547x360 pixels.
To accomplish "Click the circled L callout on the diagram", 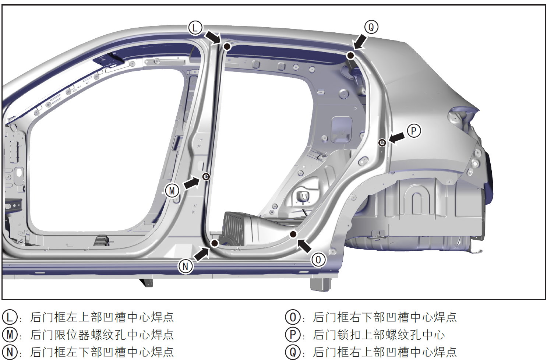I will tap(195, 28).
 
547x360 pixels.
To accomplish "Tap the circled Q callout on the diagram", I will tap(371, 27).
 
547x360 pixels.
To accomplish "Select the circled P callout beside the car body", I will tap(414, 131).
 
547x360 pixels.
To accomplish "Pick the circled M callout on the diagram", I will tap(172, 191).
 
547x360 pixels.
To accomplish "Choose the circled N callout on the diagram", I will tap(186, 266).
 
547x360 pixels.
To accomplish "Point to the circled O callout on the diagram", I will tap(318, 260).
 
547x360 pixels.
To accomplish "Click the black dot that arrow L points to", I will tap(227, 46).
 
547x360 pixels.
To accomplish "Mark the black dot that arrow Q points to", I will tap(351, 56).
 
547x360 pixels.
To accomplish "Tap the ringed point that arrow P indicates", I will tap(382, 142).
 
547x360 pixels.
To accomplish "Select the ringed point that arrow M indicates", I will tap(206, 177).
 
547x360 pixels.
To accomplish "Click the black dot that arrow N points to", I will tap(215, 243).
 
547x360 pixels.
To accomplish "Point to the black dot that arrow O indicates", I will tap(293, 234).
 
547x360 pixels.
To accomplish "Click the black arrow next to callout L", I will tap(212, 37).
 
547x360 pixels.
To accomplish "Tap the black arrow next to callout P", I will tap(396, 138).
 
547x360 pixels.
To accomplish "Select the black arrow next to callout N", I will tap(201, 254).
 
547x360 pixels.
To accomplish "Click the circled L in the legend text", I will tap(10, 317).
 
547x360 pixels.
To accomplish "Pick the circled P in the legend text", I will tap(293, 335).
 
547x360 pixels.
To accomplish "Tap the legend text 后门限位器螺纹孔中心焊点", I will tap(102, 335).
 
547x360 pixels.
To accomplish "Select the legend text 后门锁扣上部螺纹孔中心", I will tap(379, 335).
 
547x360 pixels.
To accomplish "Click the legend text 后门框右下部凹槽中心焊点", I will tap(385, 317).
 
